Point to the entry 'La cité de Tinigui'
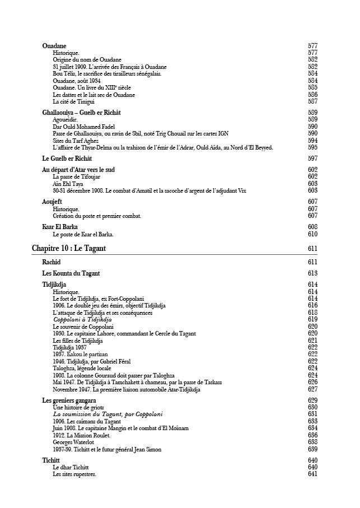(73, 101)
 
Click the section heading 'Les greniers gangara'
(69, 400)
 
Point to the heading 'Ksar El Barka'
(60, 227)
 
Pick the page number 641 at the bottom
(312, 474)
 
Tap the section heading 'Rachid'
(52, 262)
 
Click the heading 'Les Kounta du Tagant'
(71, 273)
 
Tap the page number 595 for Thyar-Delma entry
(312, 147)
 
